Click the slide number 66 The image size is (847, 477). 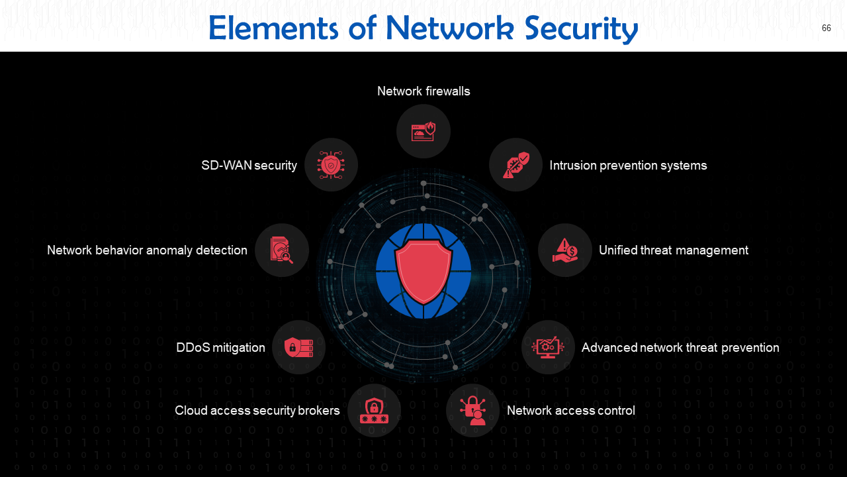(x=826, y=28)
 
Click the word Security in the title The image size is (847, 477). (x=581, y=28)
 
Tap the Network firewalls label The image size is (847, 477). (x=423, y=91)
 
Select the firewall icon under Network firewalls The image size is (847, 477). (x=423, y=131)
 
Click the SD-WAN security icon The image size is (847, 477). (x=331, y=165)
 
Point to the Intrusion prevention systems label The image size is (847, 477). (x=628, y=165)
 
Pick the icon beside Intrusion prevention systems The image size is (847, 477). (x=516, y=165)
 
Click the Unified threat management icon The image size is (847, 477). (x=565, y=250)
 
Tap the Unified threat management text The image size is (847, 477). (x=673, y=250)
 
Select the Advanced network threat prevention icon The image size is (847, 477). (x=548, y=347)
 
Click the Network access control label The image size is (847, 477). (x=570, y=411)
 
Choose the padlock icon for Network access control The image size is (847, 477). (x=473, y=411)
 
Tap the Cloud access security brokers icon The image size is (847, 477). (x=374, y=411)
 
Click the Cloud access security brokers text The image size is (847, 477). (x=257, y=411)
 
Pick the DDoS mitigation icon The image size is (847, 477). (x=298, y=347)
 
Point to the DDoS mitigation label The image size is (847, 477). (x=220, y=347)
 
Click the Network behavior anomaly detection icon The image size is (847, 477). (x=282, y=250)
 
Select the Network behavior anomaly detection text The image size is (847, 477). (x=147, y=250)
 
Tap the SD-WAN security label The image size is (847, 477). (x=249, y=165)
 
